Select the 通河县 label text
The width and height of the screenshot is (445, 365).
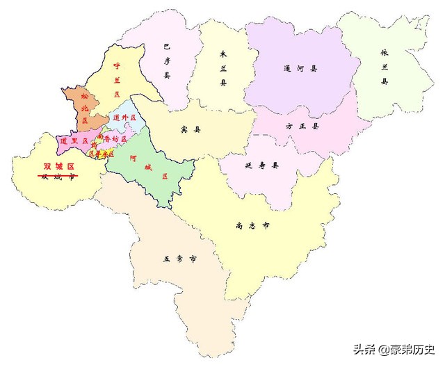(300, 69)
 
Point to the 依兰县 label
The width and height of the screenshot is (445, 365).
(384, 67)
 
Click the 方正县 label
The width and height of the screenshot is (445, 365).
(302, 127)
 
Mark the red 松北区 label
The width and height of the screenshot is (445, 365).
(85, 108)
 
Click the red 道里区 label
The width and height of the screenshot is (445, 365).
(74, 140)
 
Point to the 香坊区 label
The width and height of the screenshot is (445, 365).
(112, 139)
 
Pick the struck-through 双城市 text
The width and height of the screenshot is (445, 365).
(58, 177)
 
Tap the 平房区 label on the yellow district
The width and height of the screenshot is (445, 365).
(99, 154)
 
